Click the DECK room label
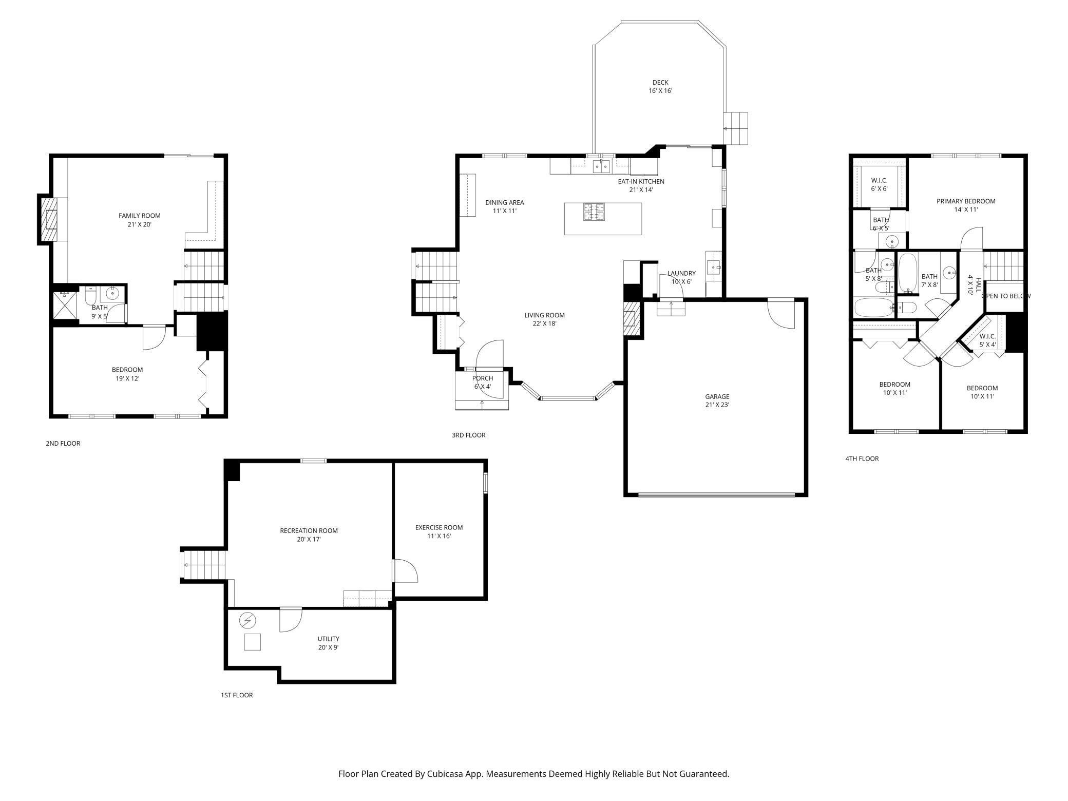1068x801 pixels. point(660,86)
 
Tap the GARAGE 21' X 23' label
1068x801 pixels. point(717,400)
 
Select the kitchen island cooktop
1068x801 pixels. point(594,212)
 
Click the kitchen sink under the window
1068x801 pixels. point(601,166)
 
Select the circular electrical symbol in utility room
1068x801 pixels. point(247,621)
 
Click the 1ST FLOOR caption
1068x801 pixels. point(237,695)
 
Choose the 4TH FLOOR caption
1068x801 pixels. point(862,459)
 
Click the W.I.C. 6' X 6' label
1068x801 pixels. point(879,184)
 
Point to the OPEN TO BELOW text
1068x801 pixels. point(1005,296)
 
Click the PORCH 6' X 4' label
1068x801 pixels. point(482,383)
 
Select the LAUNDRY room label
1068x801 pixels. point(681,277)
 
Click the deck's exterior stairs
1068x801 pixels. point(736,128)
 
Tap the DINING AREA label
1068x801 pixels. point(504,206)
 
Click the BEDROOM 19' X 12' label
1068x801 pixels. point(127,374)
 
